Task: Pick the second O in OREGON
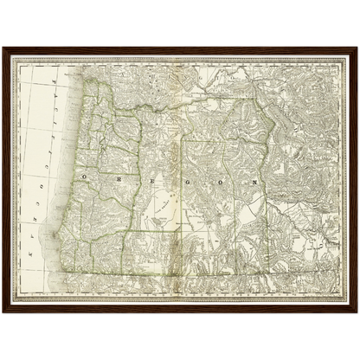coord(219,183)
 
